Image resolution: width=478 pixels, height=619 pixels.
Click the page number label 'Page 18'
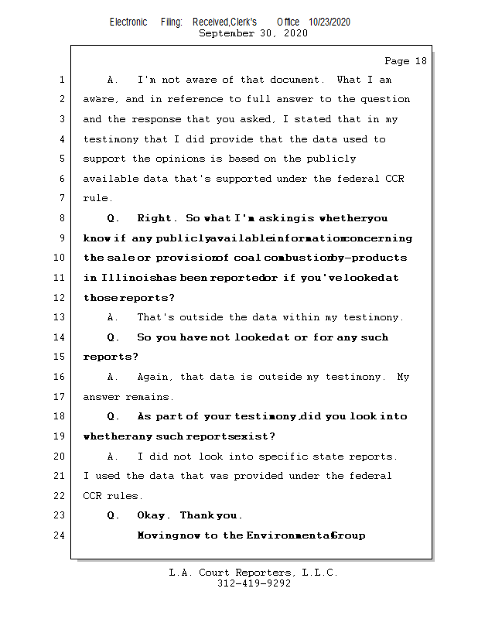pos(405,61)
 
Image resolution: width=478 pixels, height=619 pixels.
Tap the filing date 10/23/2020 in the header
pos(329,22)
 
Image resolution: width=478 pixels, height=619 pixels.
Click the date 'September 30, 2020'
pos(253,34)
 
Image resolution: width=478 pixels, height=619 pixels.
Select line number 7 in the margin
pos(62,199)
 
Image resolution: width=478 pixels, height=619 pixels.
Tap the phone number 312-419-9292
pos(253,583)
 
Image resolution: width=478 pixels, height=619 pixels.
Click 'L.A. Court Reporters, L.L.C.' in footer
pos(253,573)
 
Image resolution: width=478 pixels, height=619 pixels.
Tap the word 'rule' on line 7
pos(96,199)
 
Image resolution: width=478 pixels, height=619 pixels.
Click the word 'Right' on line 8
pos(157,218)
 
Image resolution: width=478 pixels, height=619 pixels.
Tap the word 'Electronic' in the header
pos(128,22)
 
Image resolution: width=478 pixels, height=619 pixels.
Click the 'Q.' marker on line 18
pos(113,416)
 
